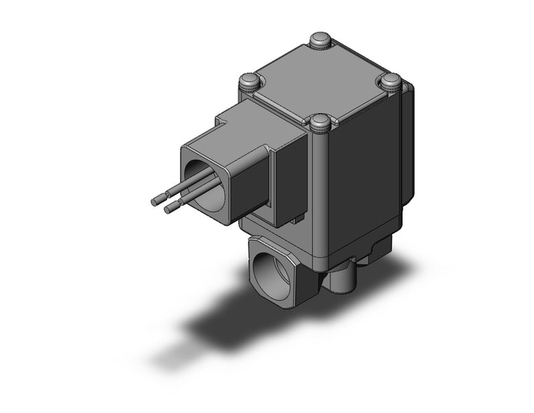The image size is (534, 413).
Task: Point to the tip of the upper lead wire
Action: (x=156, y=202)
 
